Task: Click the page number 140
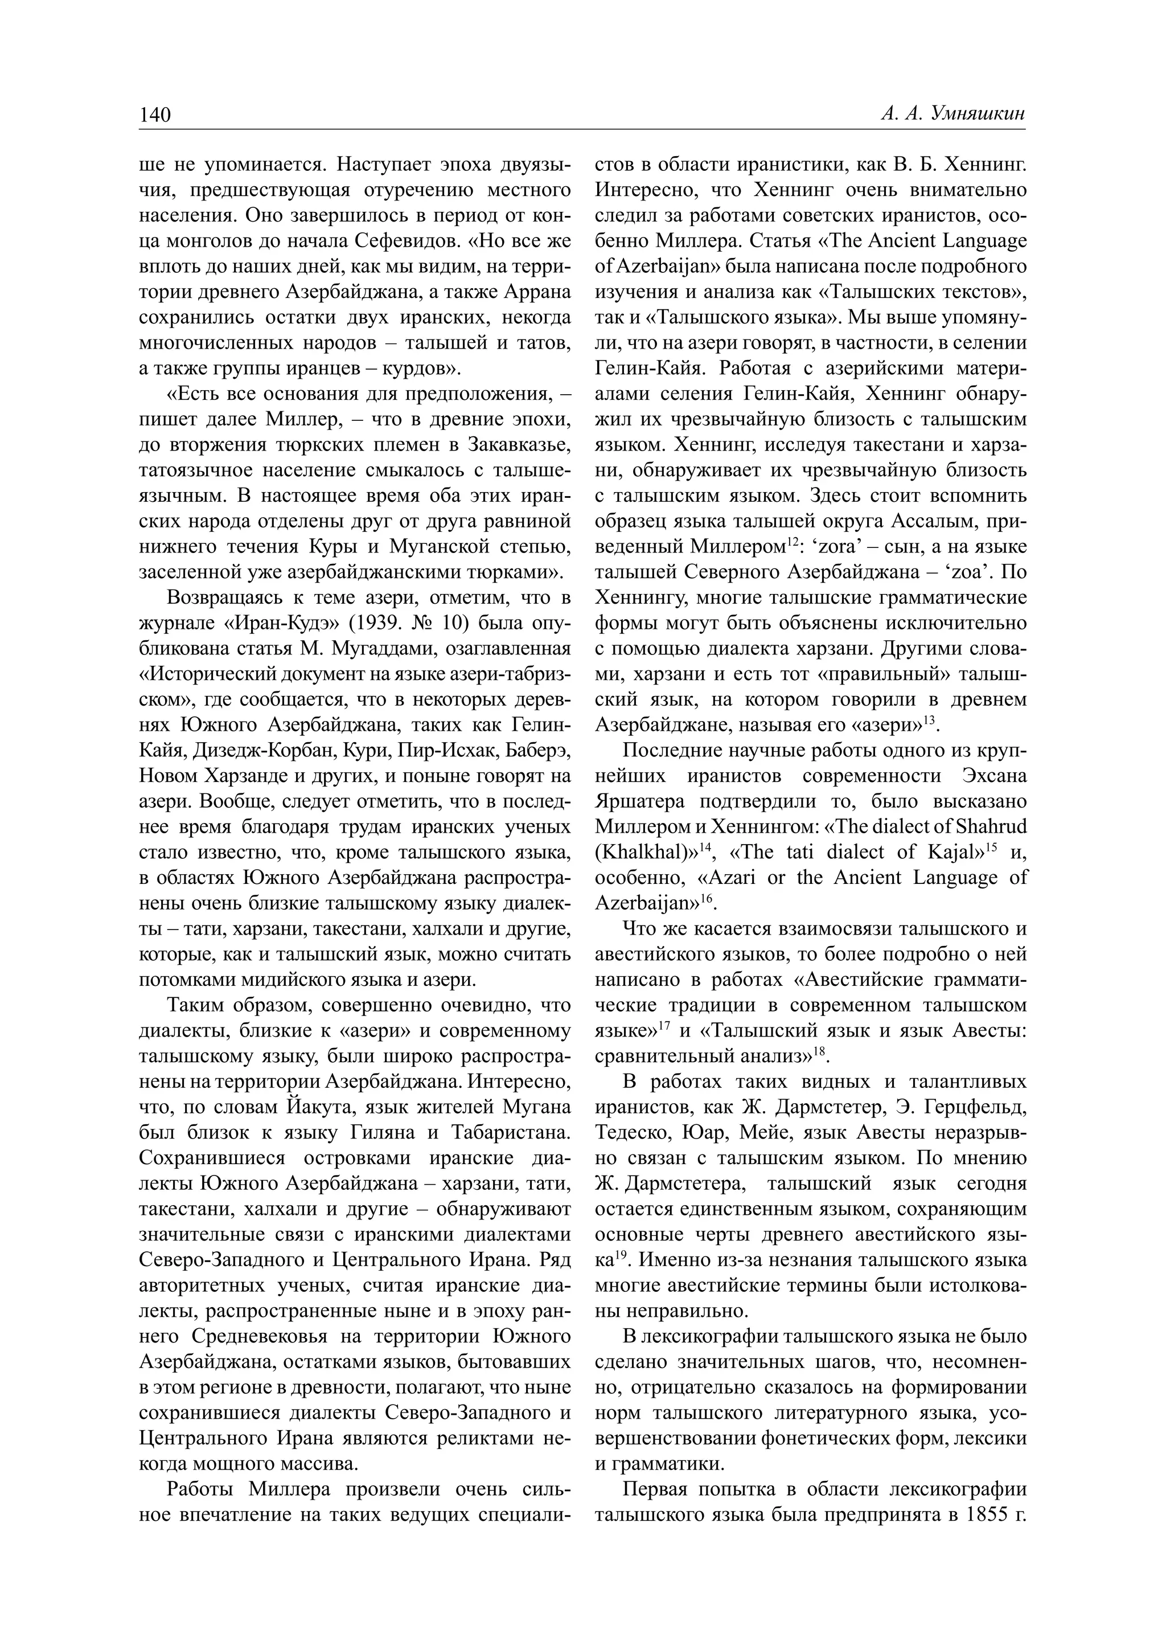[155, 115]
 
